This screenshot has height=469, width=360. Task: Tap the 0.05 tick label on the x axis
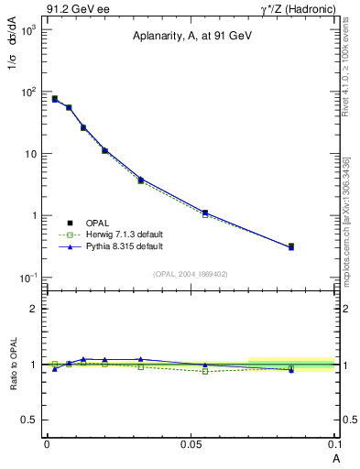click(191, 444)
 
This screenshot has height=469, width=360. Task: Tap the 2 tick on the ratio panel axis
click(35, 309)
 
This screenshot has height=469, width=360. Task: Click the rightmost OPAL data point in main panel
click(291, 246)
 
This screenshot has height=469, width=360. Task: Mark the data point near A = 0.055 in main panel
click(205, 213)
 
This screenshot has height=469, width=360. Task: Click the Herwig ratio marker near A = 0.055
click(205, 371)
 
